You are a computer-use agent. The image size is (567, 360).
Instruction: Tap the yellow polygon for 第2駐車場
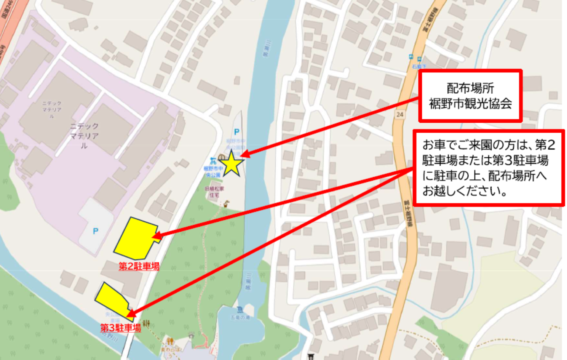[135, 238]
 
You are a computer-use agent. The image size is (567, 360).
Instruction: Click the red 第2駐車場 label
[139, 266]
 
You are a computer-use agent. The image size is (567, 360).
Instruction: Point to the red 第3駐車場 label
[121, 328]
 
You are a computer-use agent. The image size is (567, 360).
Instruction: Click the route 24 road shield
[399, 114]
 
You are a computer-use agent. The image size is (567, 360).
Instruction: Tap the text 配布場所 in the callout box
[470, 88]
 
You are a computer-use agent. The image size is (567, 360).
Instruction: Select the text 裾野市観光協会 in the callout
[470, 104]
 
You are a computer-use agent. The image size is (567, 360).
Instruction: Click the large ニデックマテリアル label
[84, 136]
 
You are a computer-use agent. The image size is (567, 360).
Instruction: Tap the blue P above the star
[236, 132]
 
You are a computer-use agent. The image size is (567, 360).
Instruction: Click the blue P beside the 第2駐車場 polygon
[96, 231]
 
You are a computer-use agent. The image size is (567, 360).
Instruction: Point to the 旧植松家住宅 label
[214, 192]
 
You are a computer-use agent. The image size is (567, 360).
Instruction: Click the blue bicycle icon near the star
[213, 161]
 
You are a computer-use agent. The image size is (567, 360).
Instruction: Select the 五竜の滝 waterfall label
[240, 317]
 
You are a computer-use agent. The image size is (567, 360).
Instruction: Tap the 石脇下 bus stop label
[419, 67]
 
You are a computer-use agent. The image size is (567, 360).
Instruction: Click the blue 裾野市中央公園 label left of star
[214, 171]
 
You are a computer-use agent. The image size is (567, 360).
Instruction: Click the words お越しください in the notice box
[465, 190]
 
